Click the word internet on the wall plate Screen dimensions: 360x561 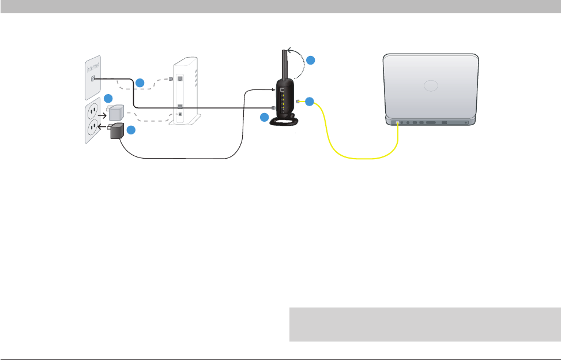(94, 70)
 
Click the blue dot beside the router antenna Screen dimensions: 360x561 (310, 60)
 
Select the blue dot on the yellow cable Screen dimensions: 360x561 (309, 102)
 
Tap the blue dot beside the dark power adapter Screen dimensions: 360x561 (131, 130)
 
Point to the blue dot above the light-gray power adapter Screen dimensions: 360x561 (108, 98)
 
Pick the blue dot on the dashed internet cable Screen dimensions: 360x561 (140, 83)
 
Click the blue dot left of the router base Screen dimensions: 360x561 (265, 118)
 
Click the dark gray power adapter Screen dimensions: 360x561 (118, 132)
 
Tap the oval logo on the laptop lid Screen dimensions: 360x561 (431, 86)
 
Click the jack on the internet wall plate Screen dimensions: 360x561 (92, 79)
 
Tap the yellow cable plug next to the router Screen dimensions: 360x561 (298, 102)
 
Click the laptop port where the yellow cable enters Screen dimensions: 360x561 (398, 122)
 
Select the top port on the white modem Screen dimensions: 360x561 (179, 79)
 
